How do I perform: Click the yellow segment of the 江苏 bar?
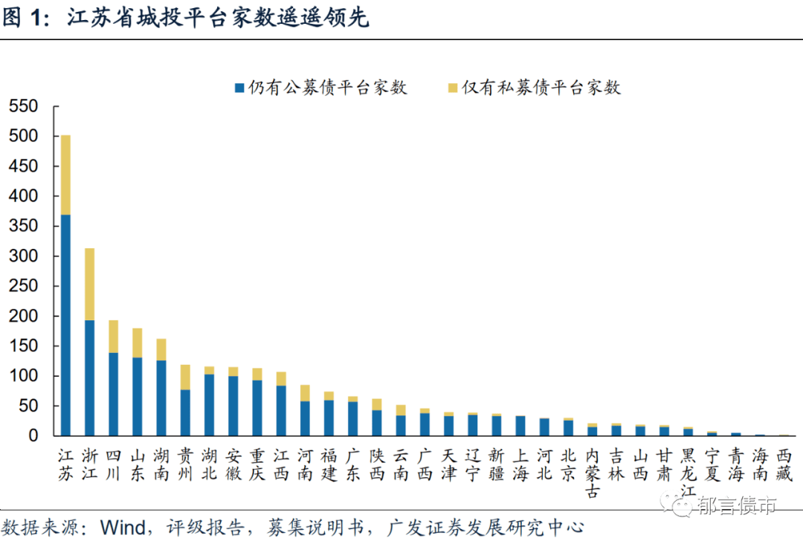(65, 175)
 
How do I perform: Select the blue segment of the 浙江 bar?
(89, 378)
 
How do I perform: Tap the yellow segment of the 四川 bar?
(113, 336)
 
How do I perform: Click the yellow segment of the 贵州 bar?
(185, 377)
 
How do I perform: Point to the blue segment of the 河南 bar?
(305, 418)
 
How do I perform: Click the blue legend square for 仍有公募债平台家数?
(239, 88)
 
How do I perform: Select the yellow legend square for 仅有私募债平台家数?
(452, 88)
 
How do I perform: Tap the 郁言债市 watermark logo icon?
(683, 507)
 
